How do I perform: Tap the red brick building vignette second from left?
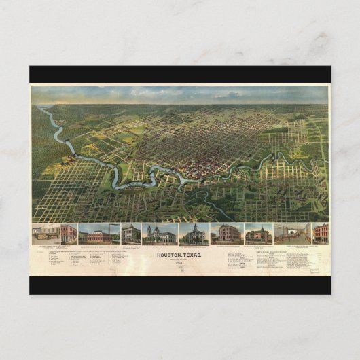[69, 233]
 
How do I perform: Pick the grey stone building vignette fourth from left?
[131, 233]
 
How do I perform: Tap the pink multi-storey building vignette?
[227, 233]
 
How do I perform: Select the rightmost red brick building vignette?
[320, 233]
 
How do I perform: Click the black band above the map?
[180, 74]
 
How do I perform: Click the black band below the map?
[180, 286]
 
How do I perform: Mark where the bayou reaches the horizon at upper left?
[42, 107]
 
